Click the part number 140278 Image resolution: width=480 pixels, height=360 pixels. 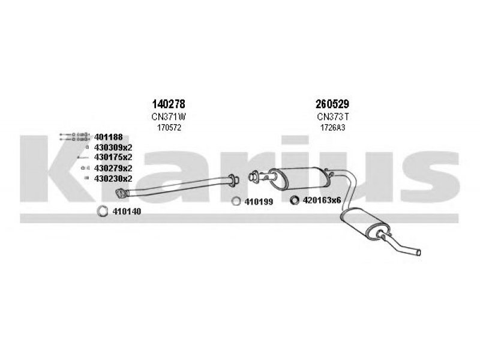click(x=169, y=104)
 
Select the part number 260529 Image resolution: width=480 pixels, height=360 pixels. click(x=332, y=104)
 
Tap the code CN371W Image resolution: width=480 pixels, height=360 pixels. click(x=169, y=116)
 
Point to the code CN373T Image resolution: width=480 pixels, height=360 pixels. click(x=333, y=116)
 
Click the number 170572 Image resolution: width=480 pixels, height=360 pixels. click(x=169, y=128)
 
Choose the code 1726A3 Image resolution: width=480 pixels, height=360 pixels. click(x=333, y=128)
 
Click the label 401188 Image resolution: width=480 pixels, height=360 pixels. click(x=109, y=137)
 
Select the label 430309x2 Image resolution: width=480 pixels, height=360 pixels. click(x=113, y=147)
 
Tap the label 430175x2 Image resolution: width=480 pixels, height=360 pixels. click(x=113, y=157)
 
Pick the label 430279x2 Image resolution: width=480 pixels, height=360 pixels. click(x=113, y=168)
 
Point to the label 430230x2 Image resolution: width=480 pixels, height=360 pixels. click(x=113, y=178)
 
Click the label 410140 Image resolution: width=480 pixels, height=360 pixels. click(x=127, y=211)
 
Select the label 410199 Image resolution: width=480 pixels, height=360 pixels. click(x=259, y=202)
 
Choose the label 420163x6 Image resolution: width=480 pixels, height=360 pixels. click(x=322, y=200)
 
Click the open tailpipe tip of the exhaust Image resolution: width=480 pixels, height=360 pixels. click(x=419, y=252)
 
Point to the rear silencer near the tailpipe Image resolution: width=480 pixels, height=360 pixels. click(x=365, y=223)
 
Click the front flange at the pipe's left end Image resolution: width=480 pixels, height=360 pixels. click(x=121, y=193)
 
